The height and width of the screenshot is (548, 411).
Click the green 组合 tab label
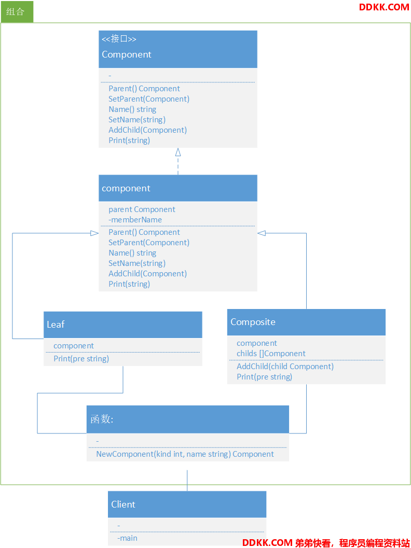[x=16, y=11]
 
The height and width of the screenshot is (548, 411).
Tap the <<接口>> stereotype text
[x=119, y=38]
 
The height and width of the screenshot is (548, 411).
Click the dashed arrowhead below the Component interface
[x=178, y=152]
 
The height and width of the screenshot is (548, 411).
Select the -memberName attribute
[x=135, y=220]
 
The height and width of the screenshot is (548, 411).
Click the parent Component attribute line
[x=142, y=209]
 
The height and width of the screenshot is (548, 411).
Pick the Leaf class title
[x=56, y=325]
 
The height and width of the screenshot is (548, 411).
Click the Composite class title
[x=253, y=322]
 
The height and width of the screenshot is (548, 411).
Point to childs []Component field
[x=271, y=354]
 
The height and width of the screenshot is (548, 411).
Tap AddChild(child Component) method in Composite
[x=285, y=366]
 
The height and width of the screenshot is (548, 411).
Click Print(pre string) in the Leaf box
[x=81, y=359]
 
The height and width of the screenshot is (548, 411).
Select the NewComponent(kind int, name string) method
[x=185, y=454]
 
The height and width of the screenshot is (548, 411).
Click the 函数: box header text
[x=102, y=419]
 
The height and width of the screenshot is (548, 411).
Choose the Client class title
[x=123, y=504]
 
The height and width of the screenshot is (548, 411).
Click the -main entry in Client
[x=127, y=538]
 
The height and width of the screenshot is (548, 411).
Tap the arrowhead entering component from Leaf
[x=94, y=233]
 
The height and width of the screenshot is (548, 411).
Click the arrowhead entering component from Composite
[x=262, y=233]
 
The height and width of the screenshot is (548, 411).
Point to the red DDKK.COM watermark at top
[x=384, y=7]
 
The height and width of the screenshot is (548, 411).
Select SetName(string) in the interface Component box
[x=137, y=120]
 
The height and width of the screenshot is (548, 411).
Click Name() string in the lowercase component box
[x=132, y=253]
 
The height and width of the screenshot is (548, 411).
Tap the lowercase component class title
[x=126, y=188]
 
